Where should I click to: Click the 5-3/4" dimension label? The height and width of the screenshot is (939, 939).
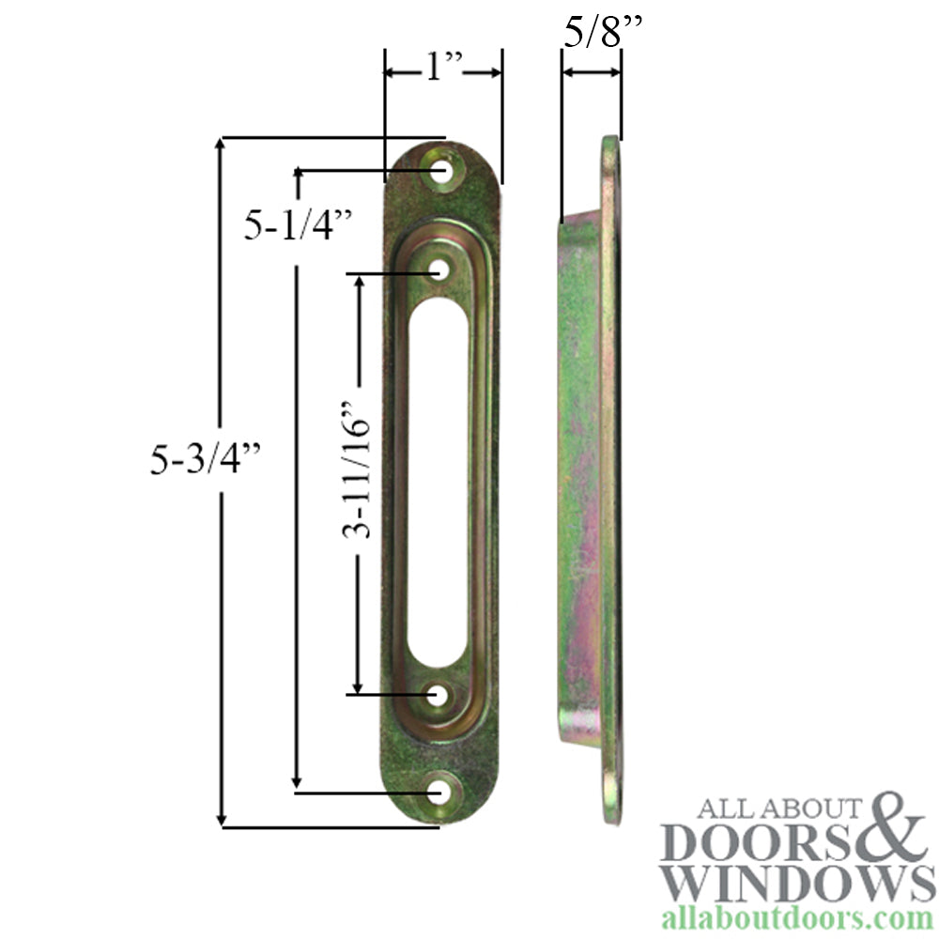point(204,459)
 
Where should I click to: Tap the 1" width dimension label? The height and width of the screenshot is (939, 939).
point(441,70)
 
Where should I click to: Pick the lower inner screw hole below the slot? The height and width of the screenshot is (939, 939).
point(439,696)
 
